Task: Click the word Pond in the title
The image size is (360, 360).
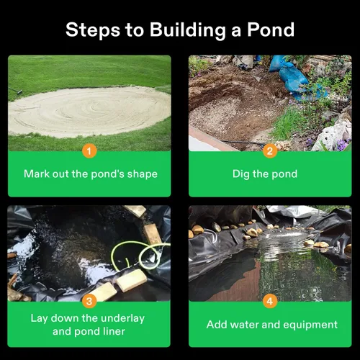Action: point(271,30)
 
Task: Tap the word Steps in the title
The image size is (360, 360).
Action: point(93,30)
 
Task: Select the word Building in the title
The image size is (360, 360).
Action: point(188,30)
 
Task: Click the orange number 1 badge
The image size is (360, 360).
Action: point(89,151)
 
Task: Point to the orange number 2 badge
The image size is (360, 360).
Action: point(270,151)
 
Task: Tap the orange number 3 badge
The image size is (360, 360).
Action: point(89,301)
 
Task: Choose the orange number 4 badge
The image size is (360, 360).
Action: point(270,301)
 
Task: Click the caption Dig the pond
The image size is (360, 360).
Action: point(265,174)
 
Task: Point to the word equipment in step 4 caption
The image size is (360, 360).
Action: point(310,325)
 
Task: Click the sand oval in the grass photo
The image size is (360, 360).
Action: point(89,112)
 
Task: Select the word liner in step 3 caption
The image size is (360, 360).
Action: point(114,331)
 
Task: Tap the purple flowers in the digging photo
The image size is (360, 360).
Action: point(342,145)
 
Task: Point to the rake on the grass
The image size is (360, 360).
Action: point(15,91)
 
